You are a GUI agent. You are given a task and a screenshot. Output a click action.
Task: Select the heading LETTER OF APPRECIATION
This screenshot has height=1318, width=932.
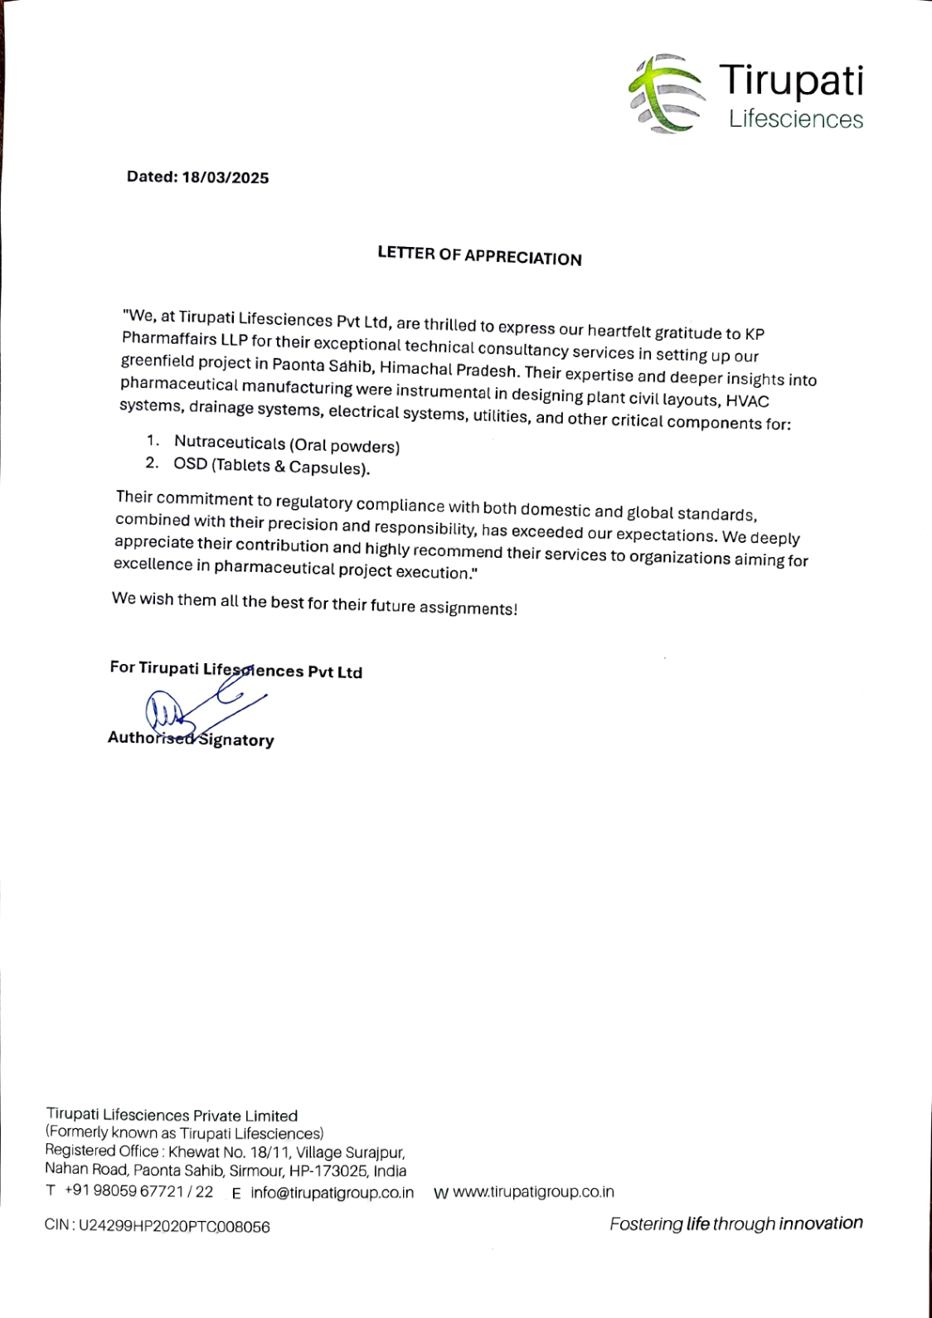pyautogui.click(x=479, y=255)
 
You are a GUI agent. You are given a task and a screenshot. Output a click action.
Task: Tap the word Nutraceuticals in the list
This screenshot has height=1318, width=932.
pyautogui.click(x=230, y=443)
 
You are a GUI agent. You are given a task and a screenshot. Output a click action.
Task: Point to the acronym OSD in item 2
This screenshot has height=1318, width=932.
pyautogui.click(x=190, y=463)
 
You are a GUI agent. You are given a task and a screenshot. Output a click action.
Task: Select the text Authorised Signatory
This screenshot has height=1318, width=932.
pyautogui.click(x=191, y=739)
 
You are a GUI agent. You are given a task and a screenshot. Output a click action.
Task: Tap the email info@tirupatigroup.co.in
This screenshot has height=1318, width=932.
pyautogui.click(x=332, y=1193)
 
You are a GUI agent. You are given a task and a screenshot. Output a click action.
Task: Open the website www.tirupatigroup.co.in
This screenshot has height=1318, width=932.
pyautogui.click(x=533, y=1192)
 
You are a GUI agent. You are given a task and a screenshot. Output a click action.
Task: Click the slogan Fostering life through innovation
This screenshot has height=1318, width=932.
pyautogui.click(x=735, y=1224)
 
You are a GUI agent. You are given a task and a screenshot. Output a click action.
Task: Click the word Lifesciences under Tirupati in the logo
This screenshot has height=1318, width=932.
pyautogui.click(x=796, y=119)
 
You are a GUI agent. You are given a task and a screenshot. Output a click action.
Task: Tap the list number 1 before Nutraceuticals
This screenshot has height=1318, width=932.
pyautogui.click(x=152, y=440)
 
